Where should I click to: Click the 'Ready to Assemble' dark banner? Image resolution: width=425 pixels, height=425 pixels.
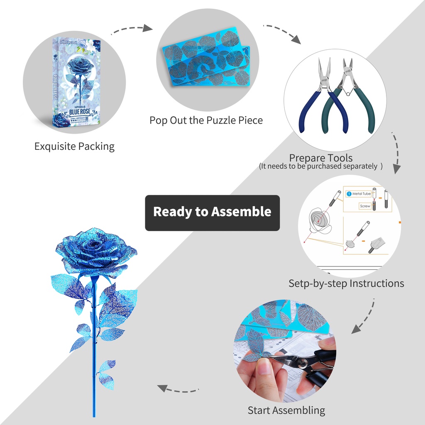pyautogui.click(x=212, y=212)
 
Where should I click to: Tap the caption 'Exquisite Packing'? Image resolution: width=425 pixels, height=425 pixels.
pyautogui.click(x=74, y=146)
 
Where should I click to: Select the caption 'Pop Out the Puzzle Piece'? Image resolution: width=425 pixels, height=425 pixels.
pyautogui.click(x=206, y=120)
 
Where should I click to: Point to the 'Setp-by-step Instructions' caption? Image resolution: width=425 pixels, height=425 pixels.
pyautogui.click(x=346, y=283)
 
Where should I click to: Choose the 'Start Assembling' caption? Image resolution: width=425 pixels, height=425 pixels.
pyautogui.click(x=286, y=410)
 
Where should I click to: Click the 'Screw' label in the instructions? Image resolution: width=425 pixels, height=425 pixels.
pyautogui.click(x=365, y=206)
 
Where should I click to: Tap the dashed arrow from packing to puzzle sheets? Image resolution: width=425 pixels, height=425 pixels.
pyautogui.click(x=131, y=29)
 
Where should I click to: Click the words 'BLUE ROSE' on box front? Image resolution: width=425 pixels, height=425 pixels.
pyautogui.click(x=77, y=111)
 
